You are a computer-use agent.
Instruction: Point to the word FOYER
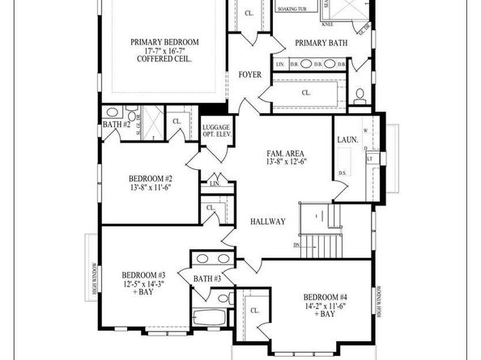pos(250,74)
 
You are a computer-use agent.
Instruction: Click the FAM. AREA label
pos(286,153)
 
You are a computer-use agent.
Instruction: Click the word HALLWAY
pos(266,221)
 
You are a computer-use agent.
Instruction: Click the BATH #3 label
pos(207,279)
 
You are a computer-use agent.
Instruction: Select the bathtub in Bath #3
pos(212,317)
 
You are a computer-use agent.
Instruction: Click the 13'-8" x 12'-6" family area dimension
pos(286,162)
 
